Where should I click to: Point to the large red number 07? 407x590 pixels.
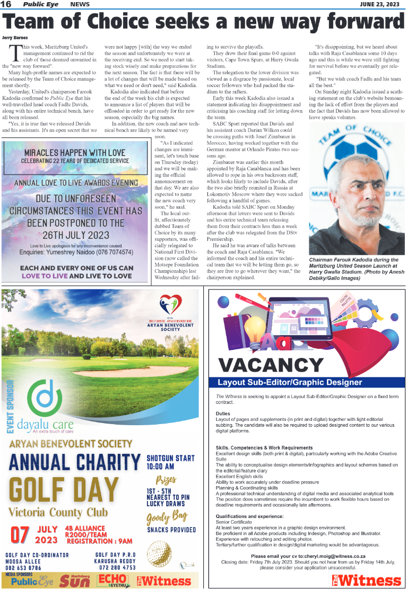click(20, 534)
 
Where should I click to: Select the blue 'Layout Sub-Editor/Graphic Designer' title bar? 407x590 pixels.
click(306, 382)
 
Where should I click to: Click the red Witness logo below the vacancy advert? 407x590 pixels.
click(367, 579)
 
